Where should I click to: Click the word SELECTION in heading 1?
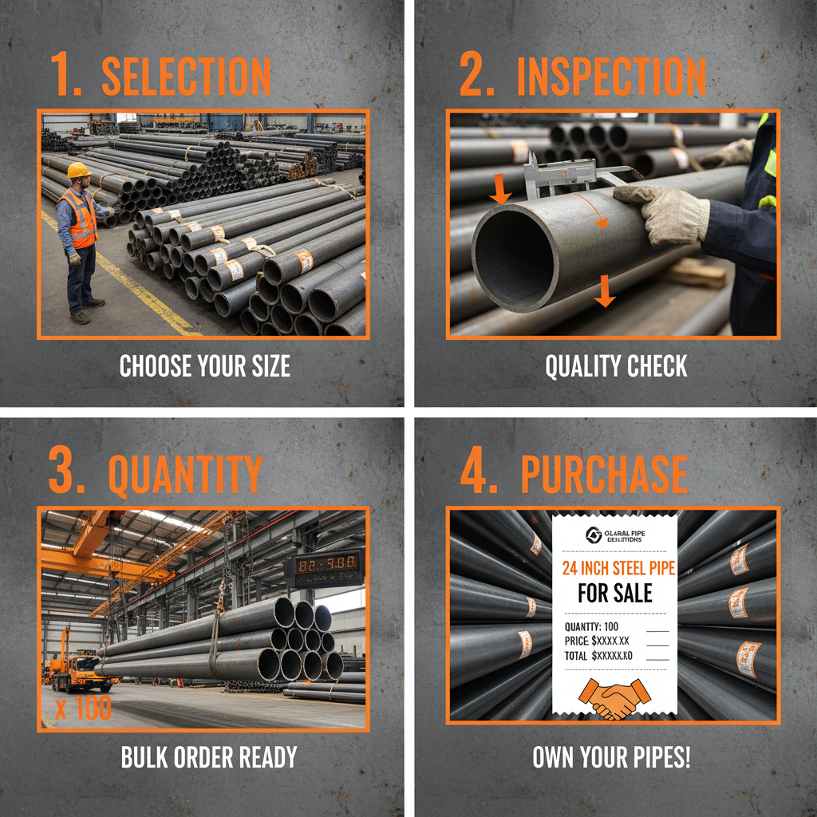(186, 77)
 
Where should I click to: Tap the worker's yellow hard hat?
(79, 171)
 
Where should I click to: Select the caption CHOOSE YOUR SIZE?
(204, 366)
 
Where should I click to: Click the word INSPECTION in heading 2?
(610, 77)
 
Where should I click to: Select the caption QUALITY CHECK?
(615, 366)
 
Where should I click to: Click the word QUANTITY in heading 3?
(185, 475)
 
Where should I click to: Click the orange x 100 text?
(84, 708)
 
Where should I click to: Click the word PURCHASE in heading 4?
(603, 475)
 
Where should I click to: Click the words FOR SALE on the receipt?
(614, 593)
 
